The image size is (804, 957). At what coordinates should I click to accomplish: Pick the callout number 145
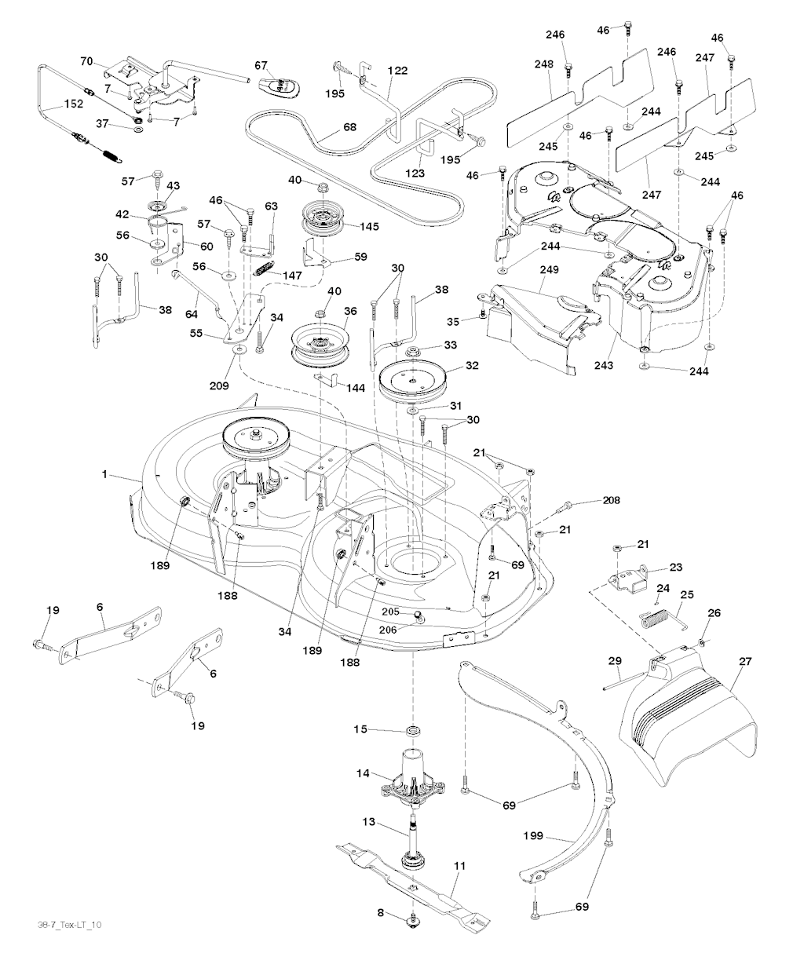click(368, 227)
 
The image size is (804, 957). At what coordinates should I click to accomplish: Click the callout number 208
click(611, 500)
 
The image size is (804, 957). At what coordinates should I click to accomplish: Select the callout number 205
click(392, 611)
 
